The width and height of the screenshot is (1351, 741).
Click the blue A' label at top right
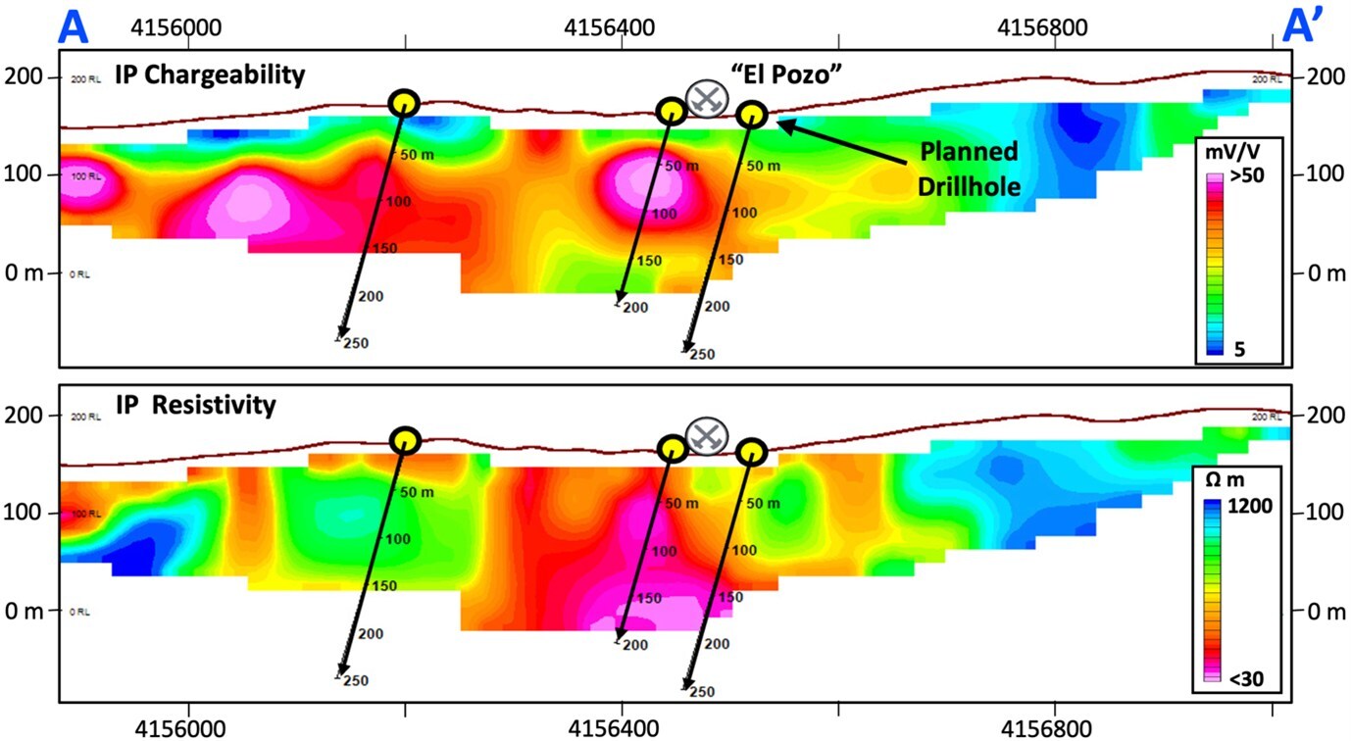(1307, 26)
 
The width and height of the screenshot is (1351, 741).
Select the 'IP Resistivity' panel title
(195, 403)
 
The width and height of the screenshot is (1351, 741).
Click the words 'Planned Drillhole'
(968, 169)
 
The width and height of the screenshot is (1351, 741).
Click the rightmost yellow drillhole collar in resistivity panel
(751, 452)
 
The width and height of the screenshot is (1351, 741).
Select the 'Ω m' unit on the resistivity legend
(1232, 482)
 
